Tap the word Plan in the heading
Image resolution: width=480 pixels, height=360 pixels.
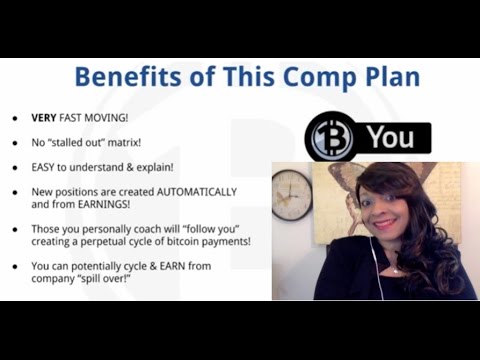tap(383, 78)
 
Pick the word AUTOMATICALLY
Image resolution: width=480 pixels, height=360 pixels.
tap(189, 190)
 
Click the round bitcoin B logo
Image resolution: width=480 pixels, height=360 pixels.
tap(327, 137)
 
